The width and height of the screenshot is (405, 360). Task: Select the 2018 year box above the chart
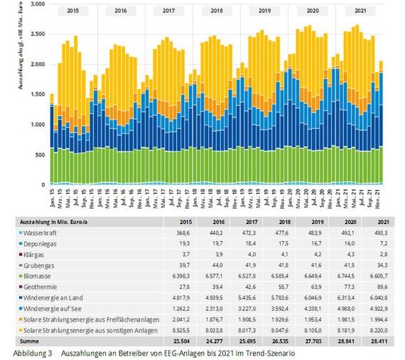pyautogui.click(x=217, y=12)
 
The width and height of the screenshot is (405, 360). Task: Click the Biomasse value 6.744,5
pyautogui.click(x=342, y=274)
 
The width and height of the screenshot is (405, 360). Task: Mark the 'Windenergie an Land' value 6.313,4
pyautogui.click(x=342, y=295)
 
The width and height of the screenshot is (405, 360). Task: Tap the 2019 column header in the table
pyautogui.click(x=306, y=221)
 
